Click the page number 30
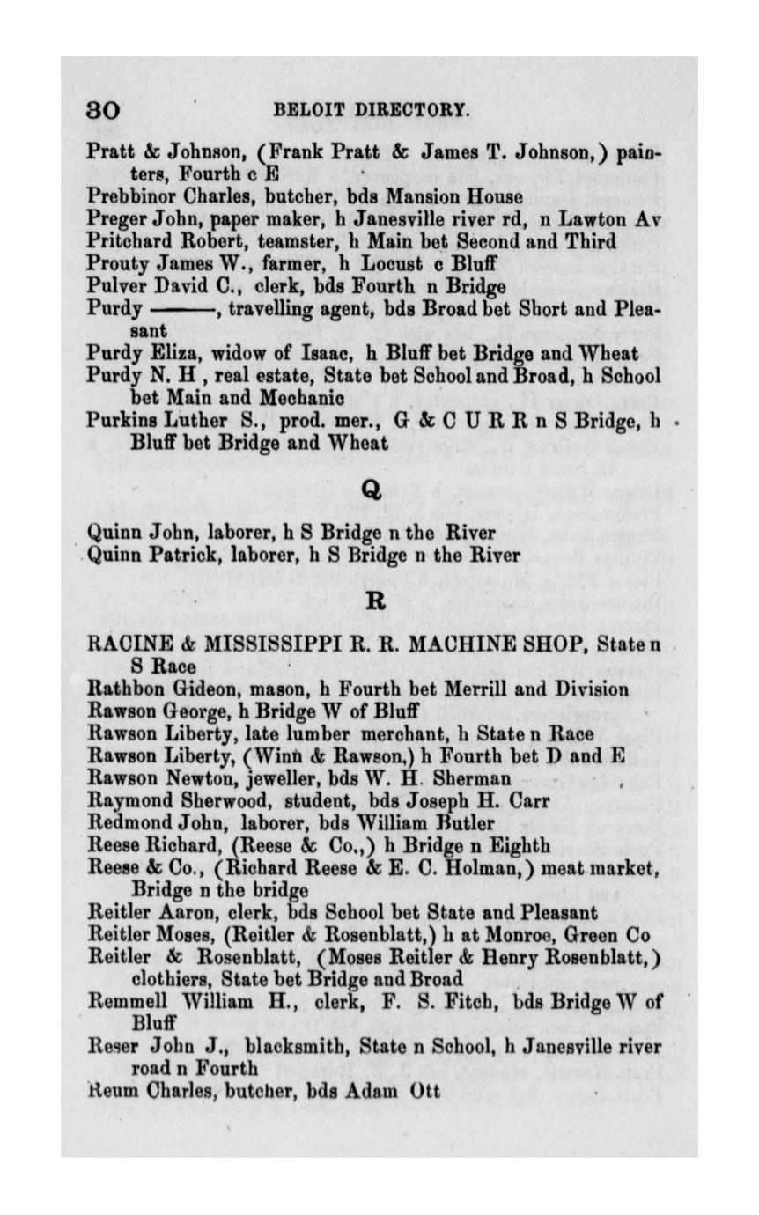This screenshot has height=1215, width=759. point(103,111)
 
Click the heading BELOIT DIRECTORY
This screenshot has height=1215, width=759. point(372,111)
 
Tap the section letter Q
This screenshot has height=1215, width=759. point(373,491)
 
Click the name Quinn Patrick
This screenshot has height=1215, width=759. point(151,556)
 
